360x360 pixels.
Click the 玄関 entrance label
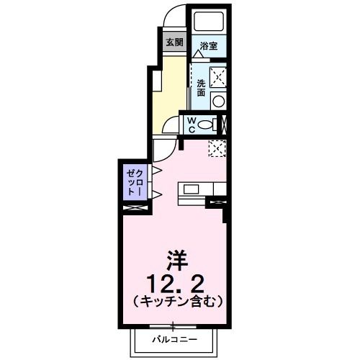174,42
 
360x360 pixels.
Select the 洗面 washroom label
201,87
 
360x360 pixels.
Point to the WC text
192,124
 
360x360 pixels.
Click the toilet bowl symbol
207,125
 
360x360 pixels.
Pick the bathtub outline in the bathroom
209,21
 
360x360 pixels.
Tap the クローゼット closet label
135,181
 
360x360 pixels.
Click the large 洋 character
176,258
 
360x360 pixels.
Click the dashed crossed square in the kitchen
217,148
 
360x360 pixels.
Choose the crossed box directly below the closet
135,208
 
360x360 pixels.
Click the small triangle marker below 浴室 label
197,53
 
